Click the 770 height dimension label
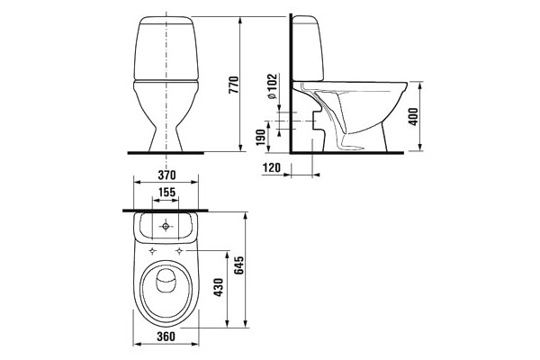click(x=234, y=85)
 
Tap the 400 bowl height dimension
click(x=414, y=116)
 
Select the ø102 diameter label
click(x=272, y=86)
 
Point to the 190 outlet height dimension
click(x=261, y=137)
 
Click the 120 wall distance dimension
click(x=272, y=167)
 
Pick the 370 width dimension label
click(x=166, y=175)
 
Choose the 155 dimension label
click(x=166, y=192)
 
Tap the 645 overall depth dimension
click(x=238, y=265)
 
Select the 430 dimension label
click(x=219, y=287)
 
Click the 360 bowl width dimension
click(x=166, y=337)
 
